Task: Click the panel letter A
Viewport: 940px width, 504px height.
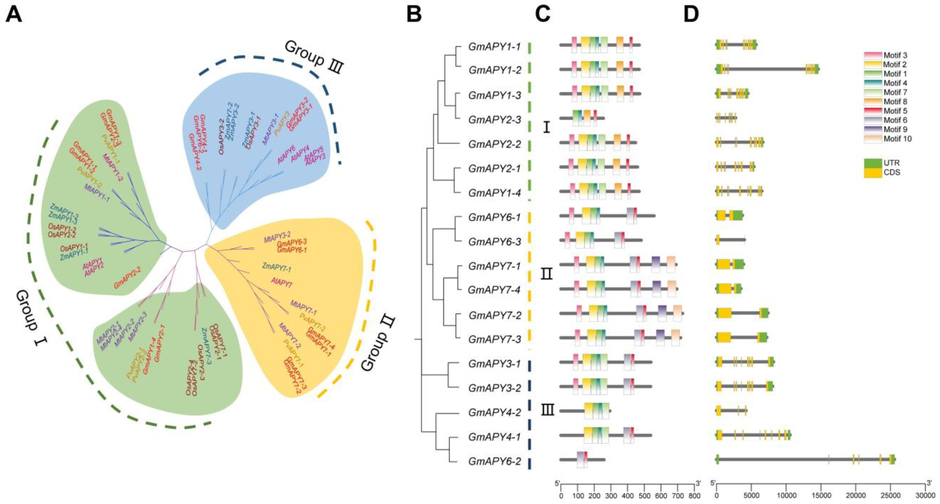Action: pos(14,15)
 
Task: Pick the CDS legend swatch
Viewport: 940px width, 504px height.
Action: pos(873,172)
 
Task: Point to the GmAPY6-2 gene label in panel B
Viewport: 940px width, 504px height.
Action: pos(494,461)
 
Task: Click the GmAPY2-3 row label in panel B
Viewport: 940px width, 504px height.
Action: pos(494,119)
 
